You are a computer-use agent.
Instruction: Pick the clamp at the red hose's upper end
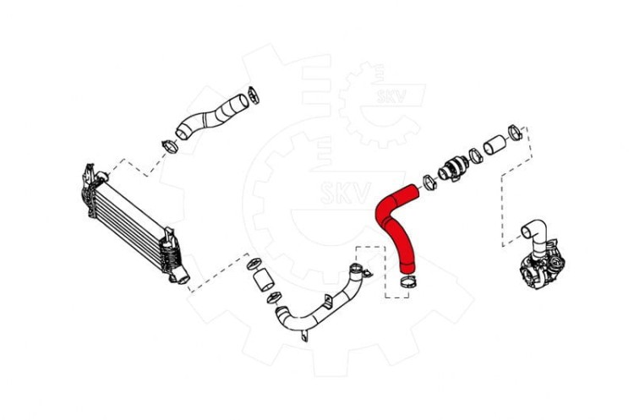(429, 183)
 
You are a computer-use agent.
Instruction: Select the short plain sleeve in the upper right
(495, 146)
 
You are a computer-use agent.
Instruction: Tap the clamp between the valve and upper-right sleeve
(476, 156)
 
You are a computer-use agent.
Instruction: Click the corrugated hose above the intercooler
(212, 117)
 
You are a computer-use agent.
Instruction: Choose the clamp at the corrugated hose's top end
(254, 95)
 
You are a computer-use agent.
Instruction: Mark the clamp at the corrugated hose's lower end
(170, 146)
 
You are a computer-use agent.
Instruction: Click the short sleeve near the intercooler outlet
(263, 280)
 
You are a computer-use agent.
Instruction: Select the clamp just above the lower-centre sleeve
(254, 265)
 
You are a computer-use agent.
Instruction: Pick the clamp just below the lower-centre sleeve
(275, 298)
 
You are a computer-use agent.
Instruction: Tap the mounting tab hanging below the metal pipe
(304, 336)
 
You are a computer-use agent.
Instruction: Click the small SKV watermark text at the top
(391, 96)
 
